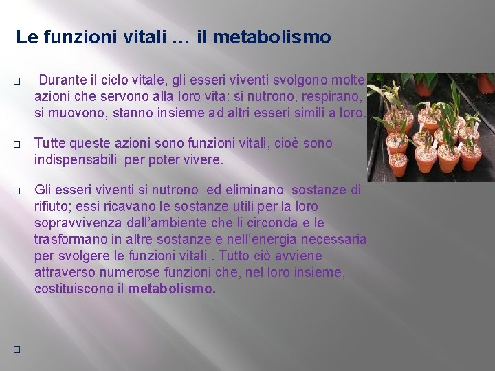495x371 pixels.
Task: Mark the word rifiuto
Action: [53, 205]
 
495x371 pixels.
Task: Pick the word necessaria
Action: [335, 239]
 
